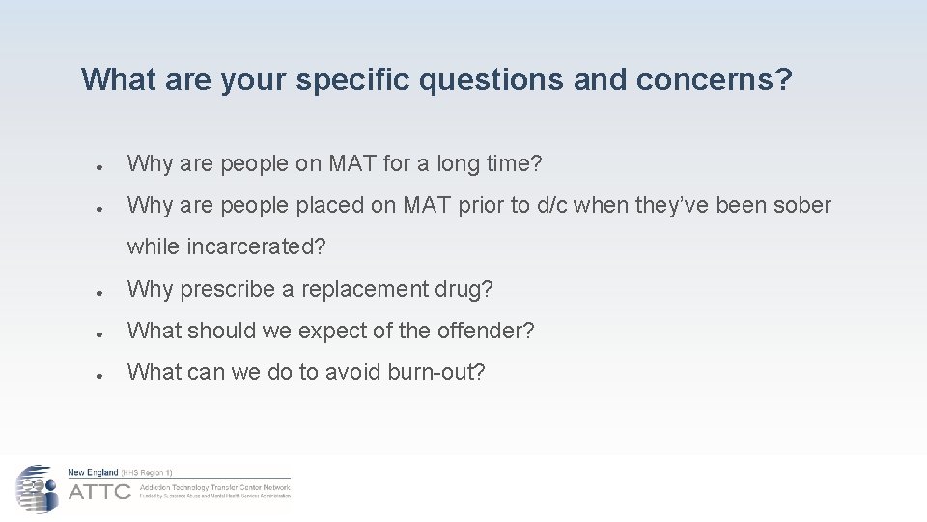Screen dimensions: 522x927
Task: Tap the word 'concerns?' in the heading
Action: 714,79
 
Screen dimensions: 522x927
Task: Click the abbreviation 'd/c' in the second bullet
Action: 574,205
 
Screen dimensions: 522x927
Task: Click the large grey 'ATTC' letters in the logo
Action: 99,491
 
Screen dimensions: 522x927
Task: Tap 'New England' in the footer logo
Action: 93,472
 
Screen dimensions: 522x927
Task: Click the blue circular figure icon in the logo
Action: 37,488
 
